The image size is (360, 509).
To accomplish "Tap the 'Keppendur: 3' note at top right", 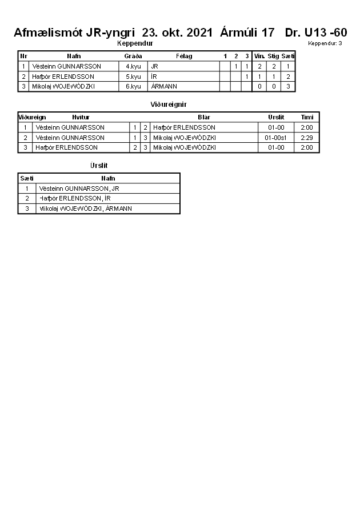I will tap(325, 43).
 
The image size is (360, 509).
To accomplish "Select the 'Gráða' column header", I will tap(133, 56).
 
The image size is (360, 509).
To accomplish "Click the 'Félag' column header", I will tap(184, 56).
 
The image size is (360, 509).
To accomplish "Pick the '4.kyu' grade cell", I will tap(133, 66).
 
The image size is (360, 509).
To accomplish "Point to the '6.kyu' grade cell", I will tap(133, 86).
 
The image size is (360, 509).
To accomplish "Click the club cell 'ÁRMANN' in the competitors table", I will tap(164, 86).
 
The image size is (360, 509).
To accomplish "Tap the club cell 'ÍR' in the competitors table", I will tap(154, 77).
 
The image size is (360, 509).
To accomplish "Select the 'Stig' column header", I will tap(273, 56).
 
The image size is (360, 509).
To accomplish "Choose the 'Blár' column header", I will tap(203, 117).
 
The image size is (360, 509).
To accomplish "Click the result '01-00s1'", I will tap(276, 138).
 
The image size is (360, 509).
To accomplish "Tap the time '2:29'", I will tap(307, 138).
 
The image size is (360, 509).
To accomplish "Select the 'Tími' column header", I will tap(307, 117).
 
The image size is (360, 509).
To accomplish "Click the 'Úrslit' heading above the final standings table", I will tap(99, 166).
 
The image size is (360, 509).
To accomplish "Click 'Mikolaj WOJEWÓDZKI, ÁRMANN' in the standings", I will tap(86, 209).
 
